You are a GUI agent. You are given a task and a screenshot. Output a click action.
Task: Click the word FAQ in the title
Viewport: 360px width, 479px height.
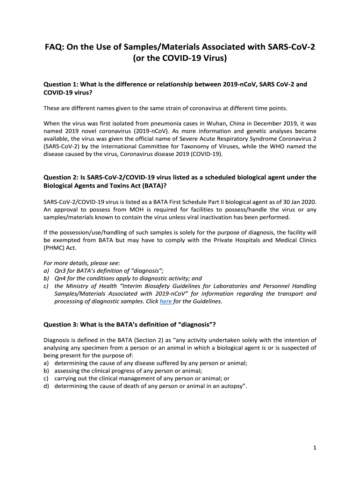click(x=54, y=48)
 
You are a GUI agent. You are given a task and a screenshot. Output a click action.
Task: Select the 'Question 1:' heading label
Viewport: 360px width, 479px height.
click(x=61, y=85)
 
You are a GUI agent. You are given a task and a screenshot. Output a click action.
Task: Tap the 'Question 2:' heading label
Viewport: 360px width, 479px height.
click(x=61, y=177)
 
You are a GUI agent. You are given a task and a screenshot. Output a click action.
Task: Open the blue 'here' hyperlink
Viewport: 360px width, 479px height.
click(x=166, y=301)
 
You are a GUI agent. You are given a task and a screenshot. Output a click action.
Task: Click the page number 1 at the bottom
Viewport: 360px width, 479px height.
click(x=315, y=448)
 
